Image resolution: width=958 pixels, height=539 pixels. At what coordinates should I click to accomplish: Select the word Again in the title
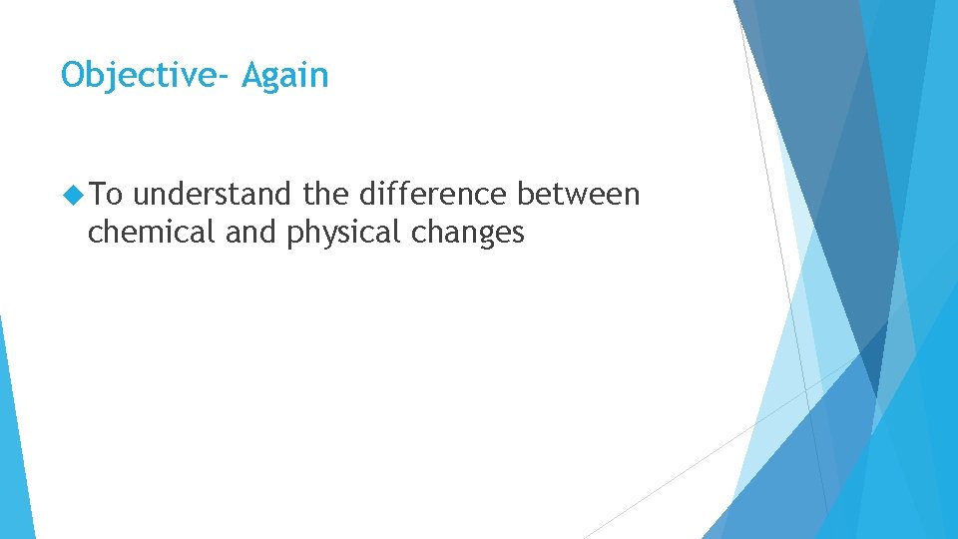[285, 76]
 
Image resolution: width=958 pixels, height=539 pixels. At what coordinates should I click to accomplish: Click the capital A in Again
[252, 75]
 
